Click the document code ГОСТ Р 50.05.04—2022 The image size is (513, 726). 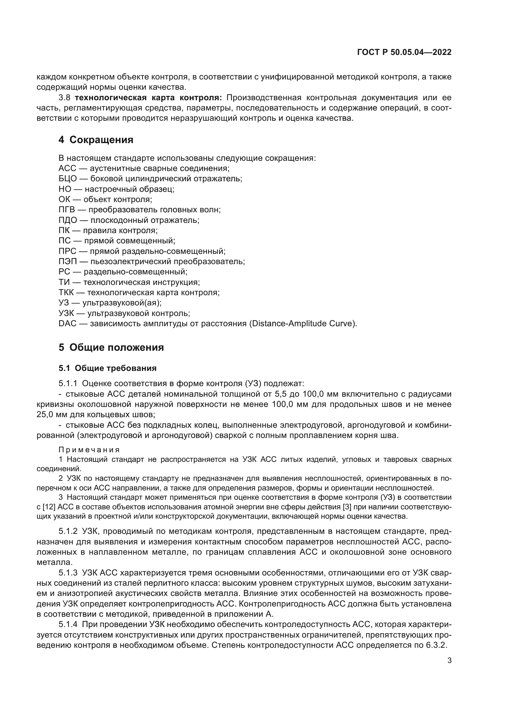(x=404, y=52)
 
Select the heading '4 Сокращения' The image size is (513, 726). (x=96, y=140)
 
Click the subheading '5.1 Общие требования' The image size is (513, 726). (x=107, y=368)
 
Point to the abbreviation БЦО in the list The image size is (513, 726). (x=68, y=179)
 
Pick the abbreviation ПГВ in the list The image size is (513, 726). (x=67, y=210)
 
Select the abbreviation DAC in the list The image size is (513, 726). (x=67, y=324)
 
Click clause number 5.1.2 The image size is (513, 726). (x=68, y=531)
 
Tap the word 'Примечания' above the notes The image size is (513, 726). (x=89, y=450)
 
